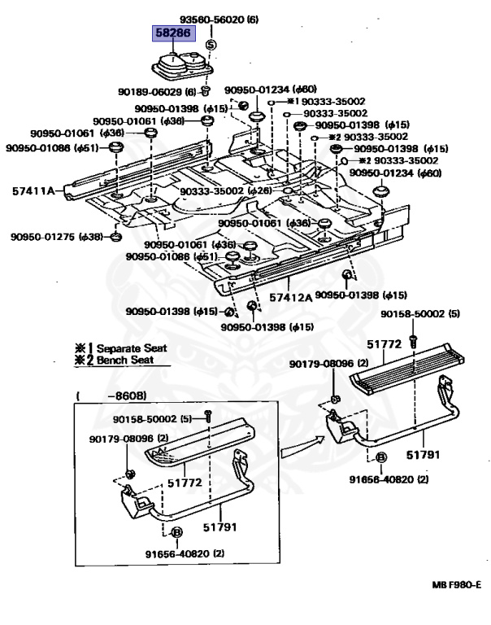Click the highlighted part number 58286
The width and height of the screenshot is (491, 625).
(x=172, y=34)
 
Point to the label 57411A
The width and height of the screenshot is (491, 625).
(x=33, y=190)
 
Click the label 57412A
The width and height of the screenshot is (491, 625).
(x=291, y=297)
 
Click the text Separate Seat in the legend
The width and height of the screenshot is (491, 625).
(x=132, y=347)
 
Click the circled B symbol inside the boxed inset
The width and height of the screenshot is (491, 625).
(x=177, y=532)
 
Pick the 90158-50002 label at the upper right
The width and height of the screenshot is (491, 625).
(x=414, y=313)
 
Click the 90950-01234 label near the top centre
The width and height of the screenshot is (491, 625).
(x=258, y=90)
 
